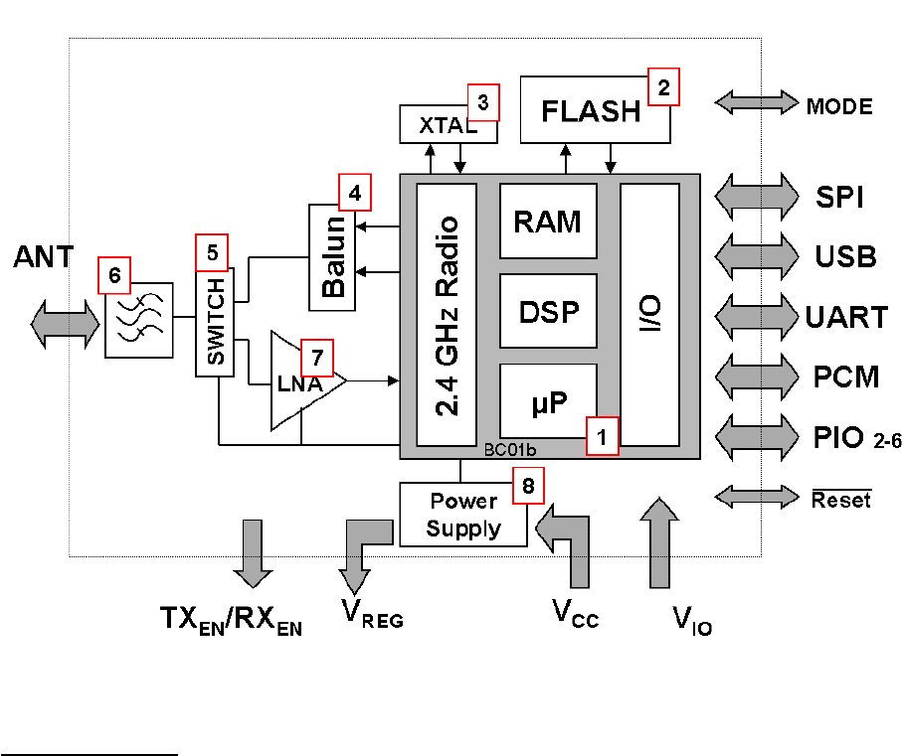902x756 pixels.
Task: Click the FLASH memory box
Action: coord(591,111)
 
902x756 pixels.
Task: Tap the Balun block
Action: coord(334,256)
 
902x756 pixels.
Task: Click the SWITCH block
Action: coord(215,322)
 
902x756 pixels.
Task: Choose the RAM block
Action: coord(548,221)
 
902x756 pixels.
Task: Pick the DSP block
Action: coord(548,311)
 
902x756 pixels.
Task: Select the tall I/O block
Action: coord(649,314)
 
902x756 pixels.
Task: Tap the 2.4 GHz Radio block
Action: coord(447,314)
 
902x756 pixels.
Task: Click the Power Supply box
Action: coord(462,514)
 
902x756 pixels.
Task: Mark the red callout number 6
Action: coord(114,274)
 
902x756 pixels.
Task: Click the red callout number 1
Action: coord(602,436)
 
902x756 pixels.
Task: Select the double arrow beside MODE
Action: coord(756,103)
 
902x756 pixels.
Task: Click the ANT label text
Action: coord(43,257)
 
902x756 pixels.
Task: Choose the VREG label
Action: coord(373,616)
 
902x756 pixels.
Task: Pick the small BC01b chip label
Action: coord(507,450)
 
